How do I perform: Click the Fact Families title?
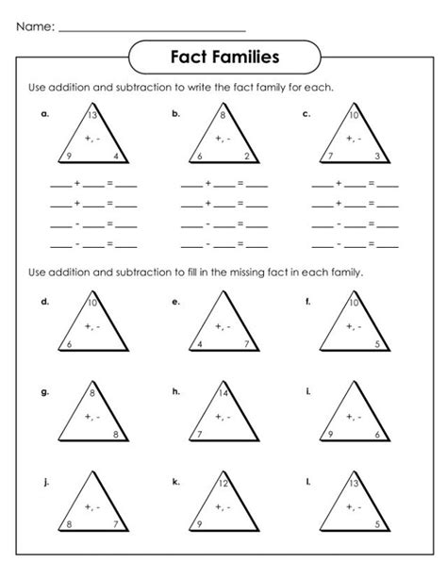point(223,57)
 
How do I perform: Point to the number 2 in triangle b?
point(247,156)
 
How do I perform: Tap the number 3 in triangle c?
point(377,156)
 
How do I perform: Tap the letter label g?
point(44,391)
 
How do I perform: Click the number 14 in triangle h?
point(223,391)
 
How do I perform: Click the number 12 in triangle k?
point(223,483)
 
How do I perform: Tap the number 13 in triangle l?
point(353,483)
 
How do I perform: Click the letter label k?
point(175,481)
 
